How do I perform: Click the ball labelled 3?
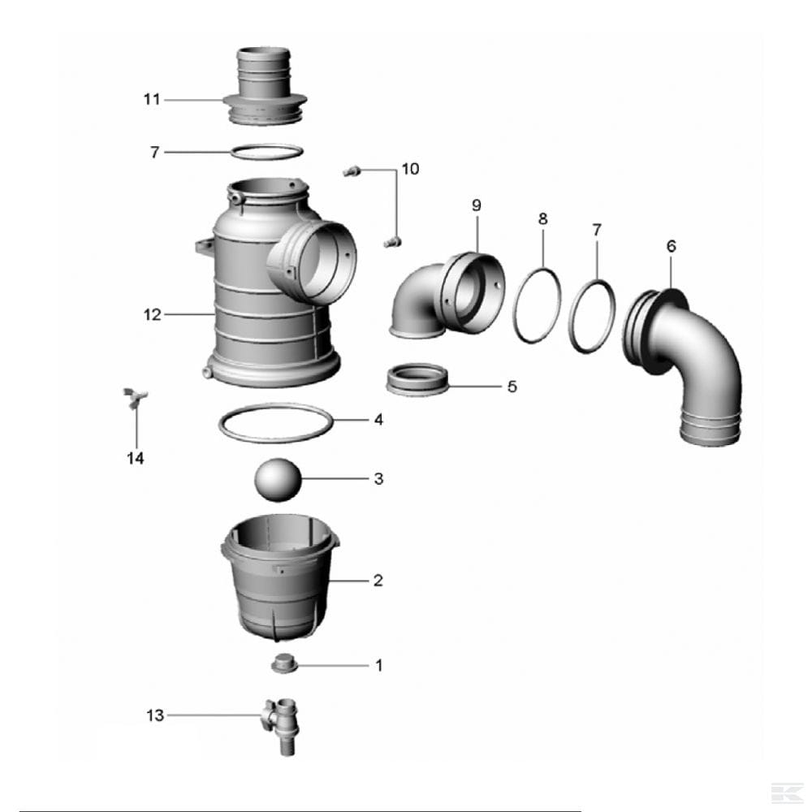click(278, 480)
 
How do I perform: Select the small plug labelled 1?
click(283, 664)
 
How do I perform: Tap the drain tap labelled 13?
click(283, 726)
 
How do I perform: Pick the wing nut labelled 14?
click(135, 398)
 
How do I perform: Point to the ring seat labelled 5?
click(417, 379)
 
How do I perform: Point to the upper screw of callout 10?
click(351, 171)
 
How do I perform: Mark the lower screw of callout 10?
click(392, 242)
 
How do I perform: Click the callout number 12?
click(153, 314)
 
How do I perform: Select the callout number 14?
click(135, 458)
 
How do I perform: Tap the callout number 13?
click(155, 715)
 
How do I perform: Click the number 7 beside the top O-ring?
click(154, 153)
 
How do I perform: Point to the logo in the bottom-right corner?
click(787, 793)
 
